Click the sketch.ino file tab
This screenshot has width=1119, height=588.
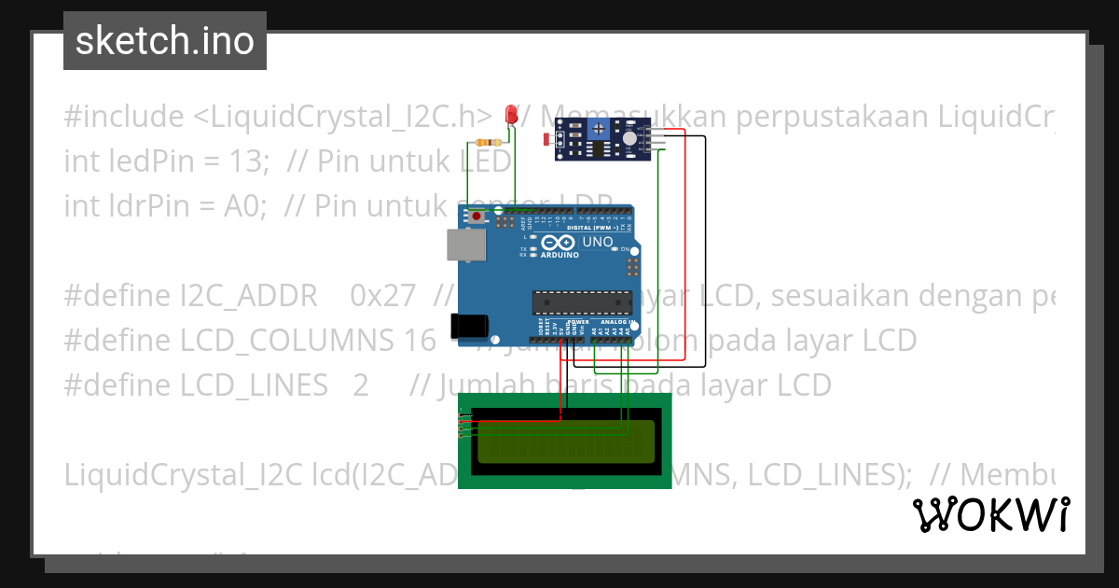165,41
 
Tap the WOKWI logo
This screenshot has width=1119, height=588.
990,514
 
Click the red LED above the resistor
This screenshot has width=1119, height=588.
510,115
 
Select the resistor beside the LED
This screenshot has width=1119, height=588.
489,142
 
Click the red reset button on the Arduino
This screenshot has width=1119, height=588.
477,217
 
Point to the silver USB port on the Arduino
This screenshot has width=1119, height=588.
465,245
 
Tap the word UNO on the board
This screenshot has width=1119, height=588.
598,243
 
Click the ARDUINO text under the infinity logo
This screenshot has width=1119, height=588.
560,254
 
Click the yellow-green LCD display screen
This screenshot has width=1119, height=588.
565,442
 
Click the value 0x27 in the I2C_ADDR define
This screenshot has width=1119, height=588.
383,296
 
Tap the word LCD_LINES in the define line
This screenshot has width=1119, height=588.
255,385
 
